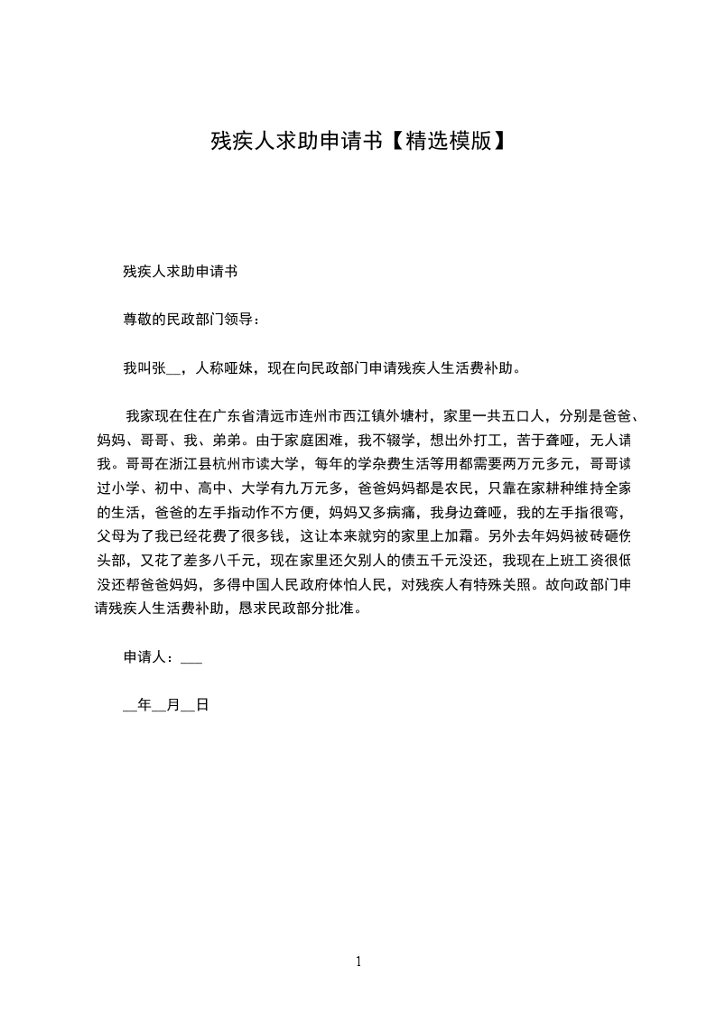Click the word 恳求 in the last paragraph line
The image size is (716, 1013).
coord(249,609)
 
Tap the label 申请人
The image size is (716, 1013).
coord(144,658)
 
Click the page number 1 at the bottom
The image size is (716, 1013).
coord(358,962)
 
